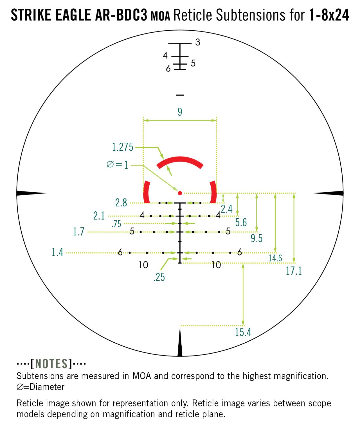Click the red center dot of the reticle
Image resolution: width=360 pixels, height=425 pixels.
(x=180, y=193)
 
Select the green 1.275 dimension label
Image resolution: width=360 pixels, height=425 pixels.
(x=123, y=147)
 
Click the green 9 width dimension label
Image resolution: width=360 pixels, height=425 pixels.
(x=180, y=112)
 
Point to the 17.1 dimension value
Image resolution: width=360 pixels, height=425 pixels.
(x=294, y=271)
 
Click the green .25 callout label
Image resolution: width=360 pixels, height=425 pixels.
(x=159, y=277)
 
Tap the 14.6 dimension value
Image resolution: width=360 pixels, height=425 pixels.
(x=275, y=258)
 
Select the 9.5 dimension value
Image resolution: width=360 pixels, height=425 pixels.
(x=256, y=239)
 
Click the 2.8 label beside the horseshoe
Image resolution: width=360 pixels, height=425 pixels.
(x=121, y=203)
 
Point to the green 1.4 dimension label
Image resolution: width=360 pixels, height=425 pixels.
(x=57, y=252)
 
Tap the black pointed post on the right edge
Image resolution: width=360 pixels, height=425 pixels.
(x=328, y=193)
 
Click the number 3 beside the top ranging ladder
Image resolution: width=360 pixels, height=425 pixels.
(x=197, y=42)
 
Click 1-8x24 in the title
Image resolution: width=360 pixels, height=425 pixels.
(x=329, y=15)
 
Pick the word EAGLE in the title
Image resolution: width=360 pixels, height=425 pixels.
(x=73, y=15)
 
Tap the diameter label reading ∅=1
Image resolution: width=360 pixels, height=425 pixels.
(x=117, y=165)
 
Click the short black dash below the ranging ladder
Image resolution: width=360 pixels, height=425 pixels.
(x=180, y=95)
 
